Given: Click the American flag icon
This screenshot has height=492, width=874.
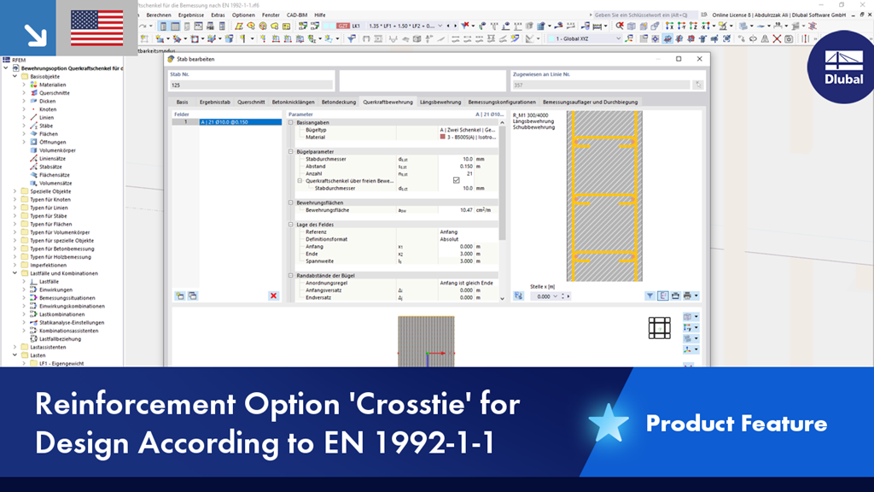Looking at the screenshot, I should [96, 28].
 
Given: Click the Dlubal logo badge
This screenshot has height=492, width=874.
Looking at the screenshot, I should [843, 67].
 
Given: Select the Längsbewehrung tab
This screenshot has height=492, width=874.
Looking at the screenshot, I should [440, 102].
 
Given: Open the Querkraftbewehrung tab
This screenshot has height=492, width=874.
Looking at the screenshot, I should [387, 102].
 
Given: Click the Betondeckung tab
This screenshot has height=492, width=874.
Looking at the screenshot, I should [339, 102].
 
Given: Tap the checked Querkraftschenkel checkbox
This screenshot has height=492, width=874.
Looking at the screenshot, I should [457, 180].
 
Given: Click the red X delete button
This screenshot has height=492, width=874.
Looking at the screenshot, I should [273, 296].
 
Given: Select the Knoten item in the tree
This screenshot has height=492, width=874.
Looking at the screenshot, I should [48, 109].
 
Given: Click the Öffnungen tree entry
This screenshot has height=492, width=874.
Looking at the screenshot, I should [52, 143].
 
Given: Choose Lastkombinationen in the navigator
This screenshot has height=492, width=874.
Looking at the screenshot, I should [62, 314].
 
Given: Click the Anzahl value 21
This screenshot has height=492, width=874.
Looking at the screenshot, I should [468, 173].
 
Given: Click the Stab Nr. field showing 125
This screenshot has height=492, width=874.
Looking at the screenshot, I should [251, 85].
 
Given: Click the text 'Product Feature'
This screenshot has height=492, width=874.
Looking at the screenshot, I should [736, 424].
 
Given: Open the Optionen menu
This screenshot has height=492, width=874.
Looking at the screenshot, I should [243, 15].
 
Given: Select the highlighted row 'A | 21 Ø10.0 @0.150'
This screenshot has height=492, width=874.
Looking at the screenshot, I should [240, 122].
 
